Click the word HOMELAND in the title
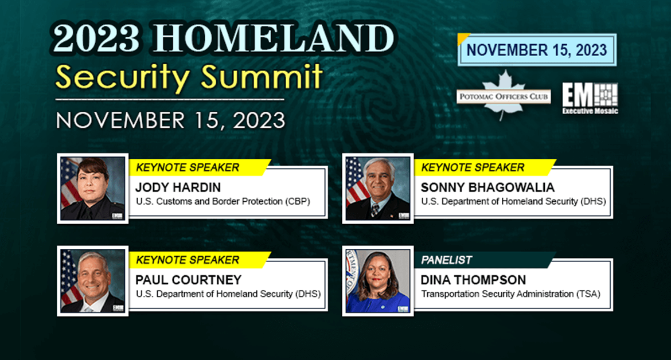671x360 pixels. pos(274,38)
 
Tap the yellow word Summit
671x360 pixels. pos(262,77)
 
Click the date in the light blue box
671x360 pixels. pos(537,50)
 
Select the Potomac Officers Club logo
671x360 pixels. pos(504,96)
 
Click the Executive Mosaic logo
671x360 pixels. pos(590,99)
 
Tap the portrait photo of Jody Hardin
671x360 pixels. pos(92,188)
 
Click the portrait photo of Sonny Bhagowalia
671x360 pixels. pos(378,188)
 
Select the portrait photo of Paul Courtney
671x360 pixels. pos(92,281)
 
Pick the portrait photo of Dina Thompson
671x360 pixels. pos(378,281)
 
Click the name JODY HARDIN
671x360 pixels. pos(178,187)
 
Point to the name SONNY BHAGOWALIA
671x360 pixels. pos(487,187)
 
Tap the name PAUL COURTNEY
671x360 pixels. pos(188,280)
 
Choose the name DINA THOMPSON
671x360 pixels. pos(473,280)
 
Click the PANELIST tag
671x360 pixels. pos(446,260)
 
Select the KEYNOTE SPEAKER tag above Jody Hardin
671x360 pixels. pos(188,167)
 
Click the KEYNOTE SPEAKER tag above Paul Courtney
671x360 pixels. pos(188,260)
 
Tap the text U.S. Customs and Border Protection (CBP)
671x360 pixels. pos(223,201)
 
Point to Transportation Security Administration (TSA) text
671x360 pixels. pos(510,294)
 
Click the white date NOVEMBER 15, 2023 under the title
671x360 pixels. pos(170,120)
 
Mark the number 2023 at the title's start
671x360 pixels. pos(97,38)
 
